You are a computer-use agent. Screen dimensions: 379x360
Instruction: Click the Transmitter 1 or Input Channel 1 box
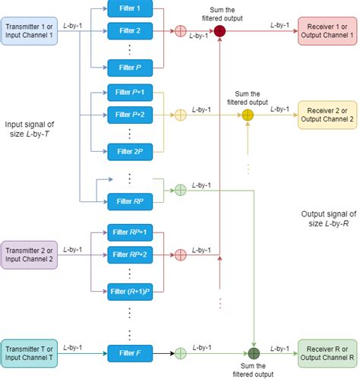[x=30, y=32]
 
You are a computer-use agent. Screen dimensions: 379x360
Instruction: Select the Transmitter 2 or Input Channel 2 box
[x=30, y=253]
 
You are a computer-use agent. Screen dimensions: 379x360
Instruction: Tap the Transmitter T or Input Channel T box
[x=30, y=352]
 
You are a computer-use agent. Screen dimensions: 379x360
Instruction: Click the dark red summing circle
[x=219, y=32]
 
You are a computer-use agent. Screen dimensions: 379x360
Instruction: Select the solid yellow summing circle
[x=248, y=115]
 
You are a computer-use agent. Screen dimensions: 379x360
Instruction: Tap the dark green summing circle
[x=253, y=352]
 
